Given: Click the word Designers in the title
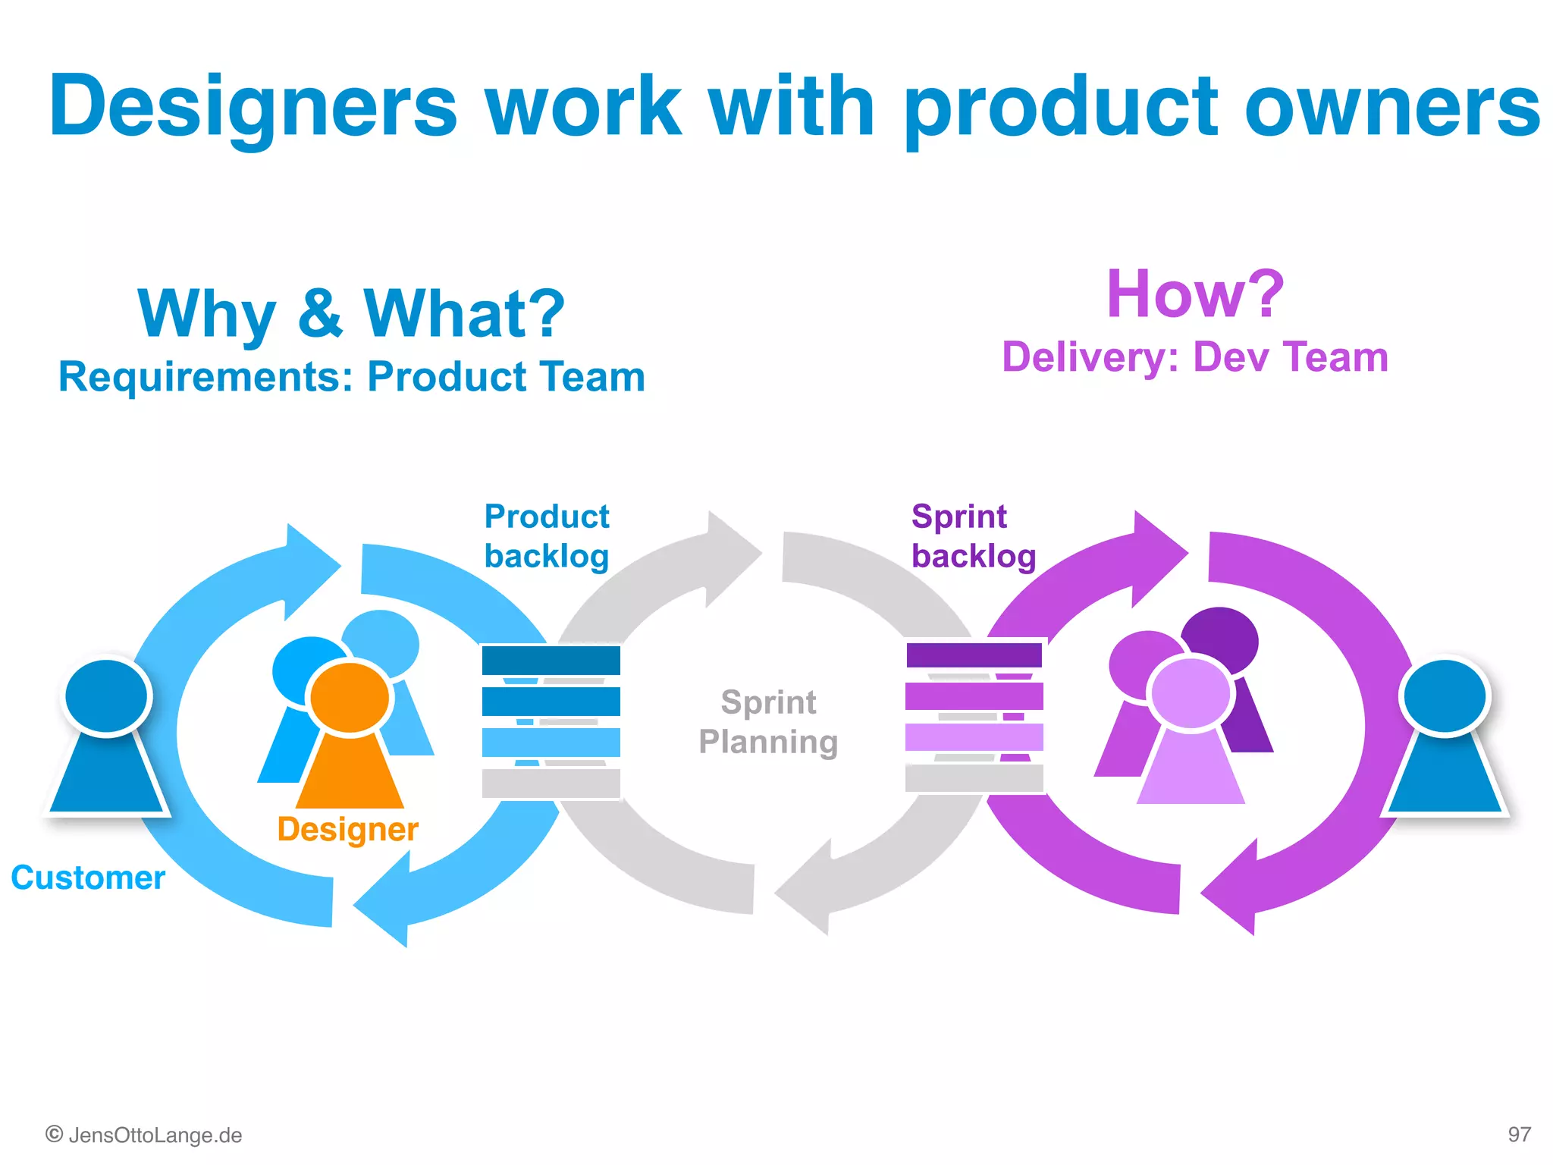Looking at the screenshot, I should [x=253, y=106].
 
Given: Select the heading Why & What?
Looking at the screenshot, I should [x=351, y=313].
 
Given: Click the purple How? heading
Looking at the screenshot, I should [x=1195, y=294].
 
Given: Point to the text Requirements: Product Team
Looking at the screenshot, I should [x=351, y=377].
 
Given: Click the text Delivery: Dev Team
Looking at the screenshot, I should [x=1195, y=357].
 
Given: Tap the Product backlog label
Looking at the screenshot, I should [x=547, y=536].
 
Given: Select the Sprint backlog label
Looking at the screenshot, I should [x=973, y=536].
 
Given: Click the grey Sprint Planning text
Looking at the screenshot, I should [x=768, y=722].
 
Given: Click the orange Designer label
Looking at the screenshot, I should [x=347, y=829].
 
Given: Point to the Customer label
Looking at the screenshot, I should [x=88, y=878].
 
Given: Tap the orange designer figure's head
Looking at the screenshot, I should [x=350, y=697].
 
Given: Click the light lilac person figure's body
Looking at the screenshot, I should [x=1191, y=774].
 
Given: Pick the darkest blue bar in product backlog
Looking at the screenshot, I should [x=551, y=660].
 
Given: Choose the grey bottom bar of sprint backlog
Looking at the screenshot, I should [x=974, y=778].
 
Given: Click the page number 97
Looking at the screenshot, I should [x=1519, y=1135].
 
